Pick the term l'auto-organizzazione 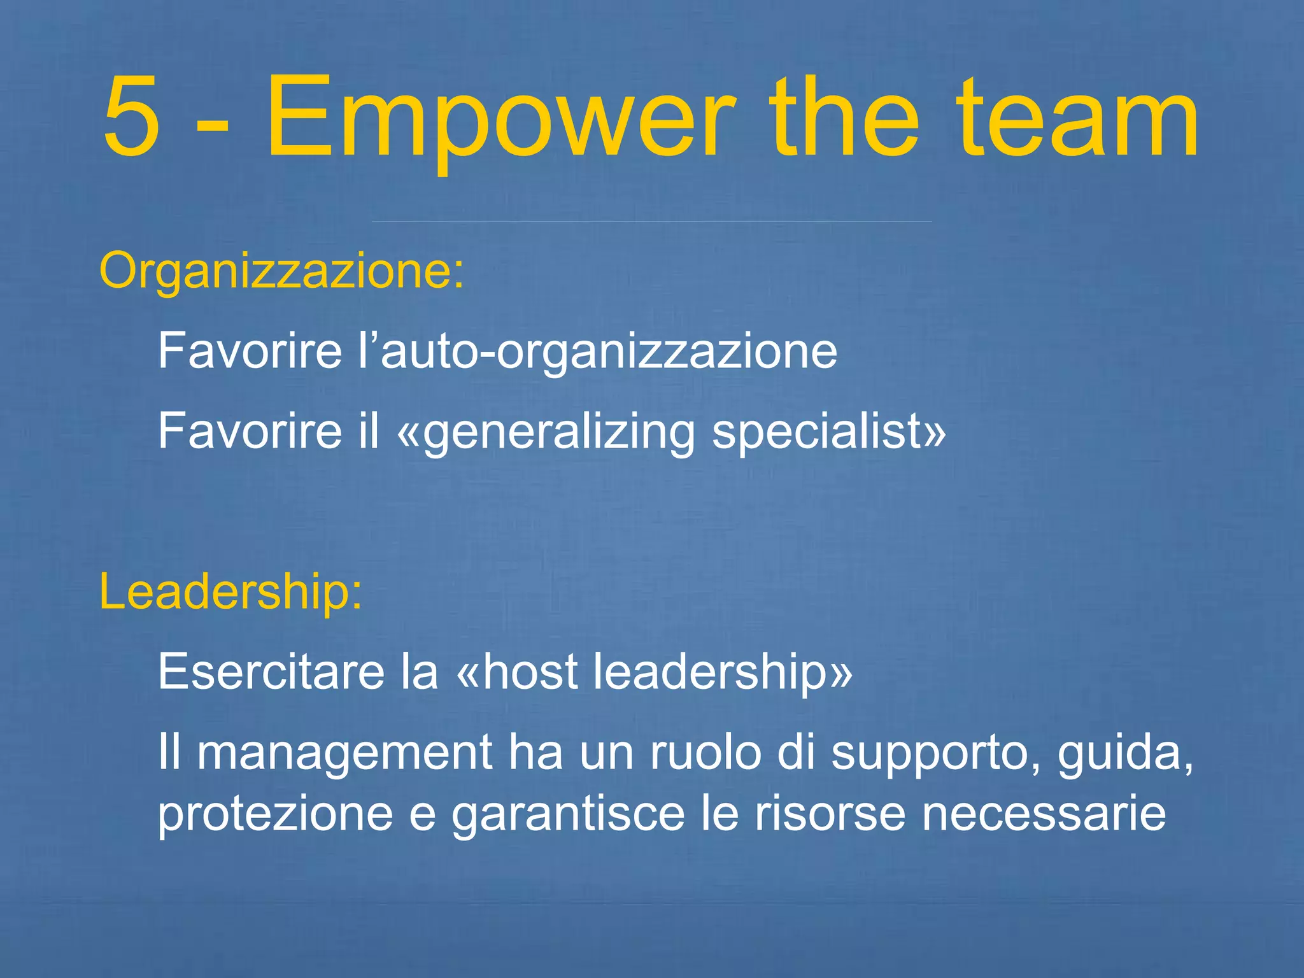597,351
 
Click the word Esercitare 271,672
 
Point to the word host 530,672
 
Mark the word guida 1122,753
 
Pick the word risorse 830,814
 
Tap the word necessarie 1044,814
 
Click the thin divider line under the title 651,222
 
